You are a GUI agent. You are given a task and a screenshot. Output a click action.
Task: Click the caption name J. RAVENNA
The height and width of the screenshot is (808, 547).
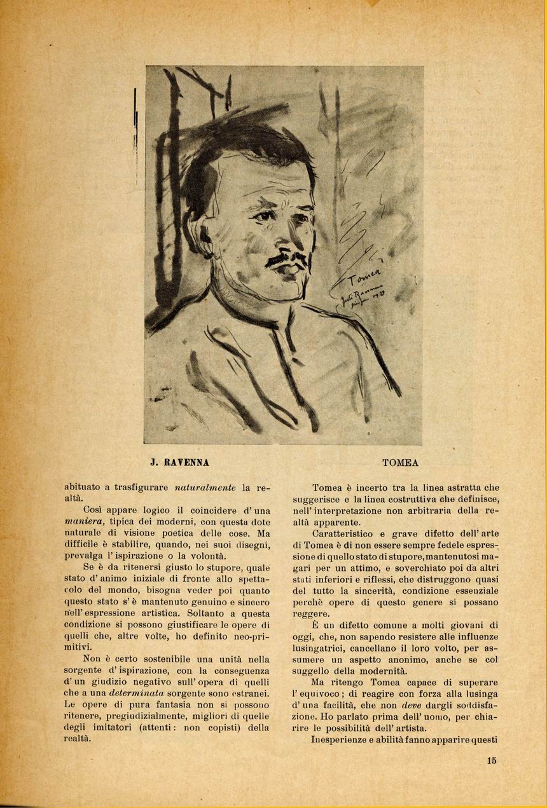(179, 463)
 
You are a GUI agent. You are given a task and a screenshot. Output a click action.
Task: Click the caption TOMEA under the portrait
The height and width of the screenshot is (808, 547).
(401, 463)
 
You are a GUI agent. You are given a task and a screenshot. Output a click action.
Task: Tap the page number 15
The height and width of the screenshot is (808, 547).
(492, 760)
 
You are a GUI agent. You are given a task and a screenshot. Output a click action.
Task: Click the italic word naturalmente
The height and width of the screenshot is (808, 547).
(205, 487)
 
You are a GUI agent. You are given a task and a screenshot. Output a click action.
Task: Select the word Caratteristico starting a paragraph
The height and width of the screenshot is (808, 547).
(345, 533)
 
